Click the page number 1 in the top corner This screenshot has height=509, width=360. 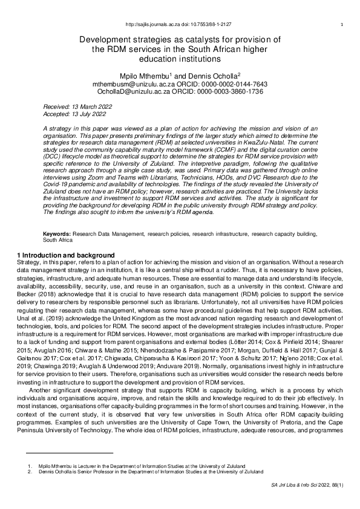pos(342,24)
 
